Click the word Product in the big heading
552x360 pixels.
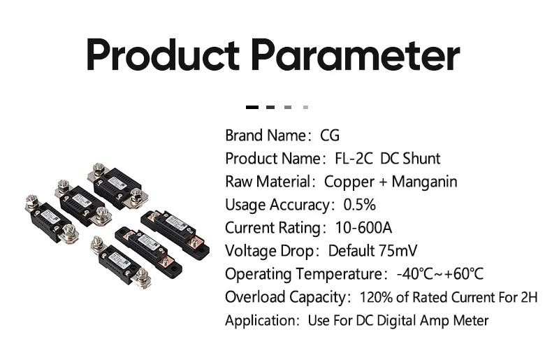(x=163, y=55)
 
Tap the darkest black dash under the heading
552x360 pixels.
(x=252, y=107)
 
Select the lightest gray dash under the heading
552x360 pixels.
(x=305, y=107)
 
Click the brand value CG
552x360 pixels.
(x=330, y=136)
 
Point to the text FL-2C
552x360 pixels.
(x=354, y=159)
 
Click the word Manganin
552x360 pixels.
(x=424, y=182)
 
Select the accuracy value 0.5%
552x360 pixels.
(x=359, y=205)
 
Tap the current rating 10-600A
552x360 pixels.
(x=363, y=228)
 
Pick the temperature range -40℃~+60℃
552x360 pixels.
(x=440, y=274)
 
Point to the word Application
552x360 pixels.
(x=260, y=321)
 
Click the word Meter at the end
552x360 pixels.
(x=471, y=320)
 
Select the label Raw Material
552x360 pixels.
(x=268, y=182)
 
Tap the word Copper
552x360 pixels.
(x=349, y=182)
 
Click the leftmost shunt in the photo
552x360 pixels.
(x=52, y=219)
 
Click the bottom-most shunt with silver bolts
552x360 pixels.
(x=122, y=262)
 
